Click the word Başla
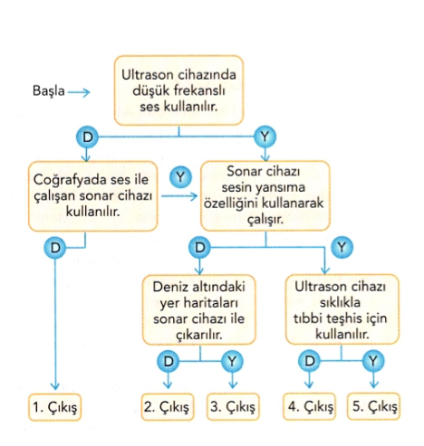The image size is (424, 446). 48,90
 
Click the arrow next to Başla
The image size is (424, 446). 79,92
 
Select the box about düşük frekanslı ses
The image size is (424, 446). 178,90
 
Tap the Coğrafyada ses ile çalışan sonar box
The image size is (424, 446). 93,196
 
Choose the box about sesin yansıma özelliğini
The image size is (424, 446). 265,196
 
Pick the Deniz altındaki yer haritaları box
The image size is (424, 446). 199,309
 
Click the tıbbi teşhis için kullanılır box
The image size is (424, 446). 342,309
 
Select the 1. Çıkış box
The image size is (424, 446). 55,407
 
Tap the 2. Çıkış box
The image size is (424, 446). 168,407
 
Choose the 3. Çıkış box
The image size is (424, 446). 233,407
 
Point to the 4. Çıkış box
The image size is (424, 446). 309,406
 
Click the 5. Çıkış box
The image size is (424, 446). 373,406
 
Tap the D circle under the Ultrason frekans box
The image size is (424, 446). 87,138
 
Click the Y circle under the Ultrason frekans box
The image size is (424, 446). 265,137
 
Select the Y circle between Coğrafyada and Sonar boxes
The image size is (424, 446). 180,177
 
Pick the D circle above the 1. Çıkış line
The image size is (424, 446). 55,248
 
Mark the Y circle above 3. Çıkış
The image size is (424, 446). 232,361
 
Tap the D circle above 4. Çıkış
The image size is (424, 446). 309,361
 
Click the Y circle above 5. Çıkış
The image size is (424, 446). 373,361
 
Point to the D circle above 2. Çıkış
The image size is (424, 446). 169,361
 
